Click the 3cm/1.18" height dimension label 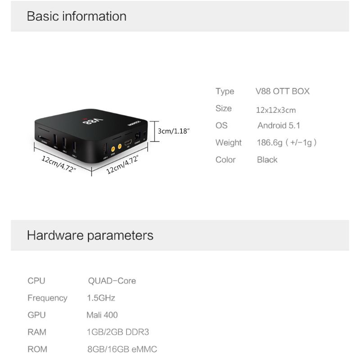pyautogui.click(x=174, y=130)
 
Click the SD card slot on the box pyautogui.click(x=44, y=138)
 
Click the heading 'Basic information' pyautogui.click(x=76, y=16)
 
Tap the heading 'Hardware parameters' pyautogui.click(x=90, y=235)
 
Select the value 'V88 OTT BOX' pyautogui.click(x=283, y=91)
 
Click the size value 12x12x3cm pyautogui.click(x=276, y=110)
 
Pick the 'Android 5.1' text pyautogui.click(x=279, y=126)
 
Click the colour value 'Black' pyautogui.click(x=267, y=160)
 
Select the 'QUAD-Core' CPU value pyautogui.click(x=112, y=281)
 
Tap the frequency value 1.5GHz pyautogui.click(x=101, y=298)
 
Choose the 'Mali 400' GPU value pyautogui.click(x=102, y=315)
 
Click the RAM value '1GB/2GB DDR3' pyautogui.click(x=117, y=332)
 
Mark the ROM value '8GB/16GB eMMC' pyautogui.click(x=122, y=349)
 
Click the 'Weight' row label pyautogui.click(x=229, y=143)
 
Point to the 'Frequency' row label pyautogui.click(x=47, y=298)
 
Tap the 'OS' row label pyautogui.click(x=221, y=126)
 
